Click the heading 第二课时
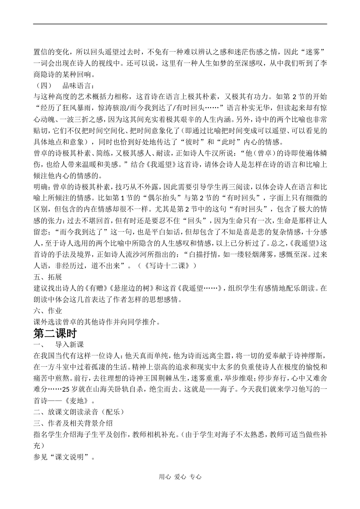coord(55,333)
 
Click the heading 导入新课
coord(69,344)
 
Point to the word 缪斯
coord(318,356)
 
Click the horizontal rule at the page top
coord(180,24)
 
